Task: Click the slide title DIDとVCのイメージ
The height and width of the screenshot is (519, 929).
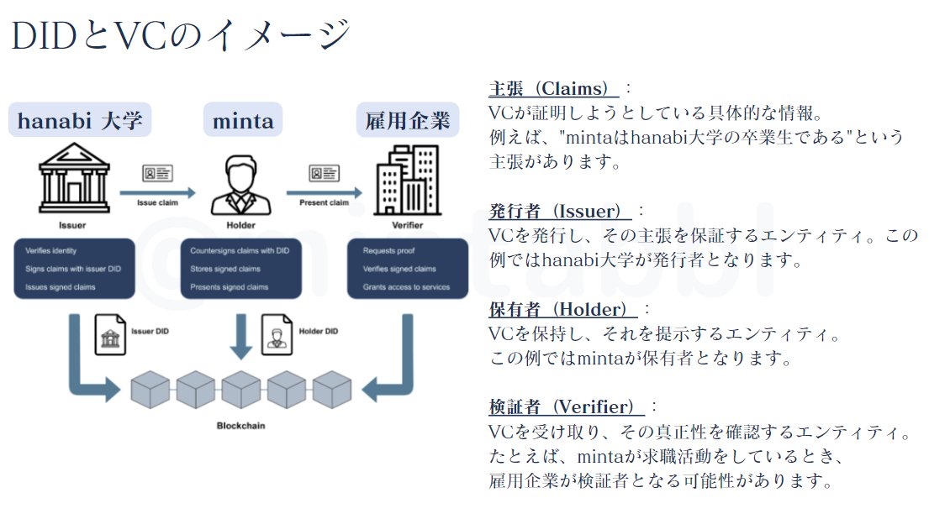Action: (180, 35)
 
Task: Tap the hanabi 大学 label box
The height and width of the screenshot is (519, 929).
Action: (80, 121)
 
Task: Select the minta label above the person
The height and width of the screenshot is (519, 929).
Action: (242, 121)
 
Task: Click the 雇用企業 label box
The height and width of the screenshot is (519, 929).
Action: (408, 121)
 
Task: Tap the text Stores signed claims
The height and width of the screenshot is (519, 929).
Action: (225, 269)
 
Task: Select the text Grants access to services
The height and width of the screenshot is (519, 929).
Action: (406, 287)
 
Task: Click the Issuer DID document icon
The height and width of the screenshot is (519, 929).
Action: (109, 334)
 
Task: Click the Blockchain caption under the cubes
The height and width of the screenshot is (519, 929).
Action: (240, 426)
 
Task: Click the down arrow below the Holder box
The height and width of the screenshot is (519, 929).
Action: (241, 336)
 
